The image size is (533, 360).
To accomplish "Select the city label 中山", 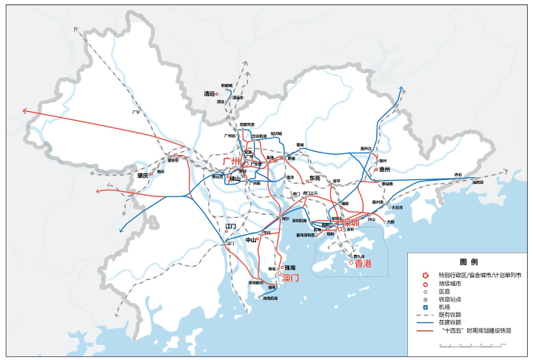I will tap(251, 240).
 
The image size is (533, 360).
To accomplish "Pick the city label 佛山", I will tap(235, 179).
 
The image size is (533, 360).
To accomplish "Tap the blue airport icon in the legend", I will tap(426, 307).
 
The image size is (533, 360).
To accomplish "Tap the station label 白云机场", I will tap(259, 136).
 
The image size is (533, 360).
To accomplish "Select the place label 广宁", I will tap(135, 113).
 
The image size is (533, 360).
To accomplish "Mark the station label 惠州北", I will tap(365, 149).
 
